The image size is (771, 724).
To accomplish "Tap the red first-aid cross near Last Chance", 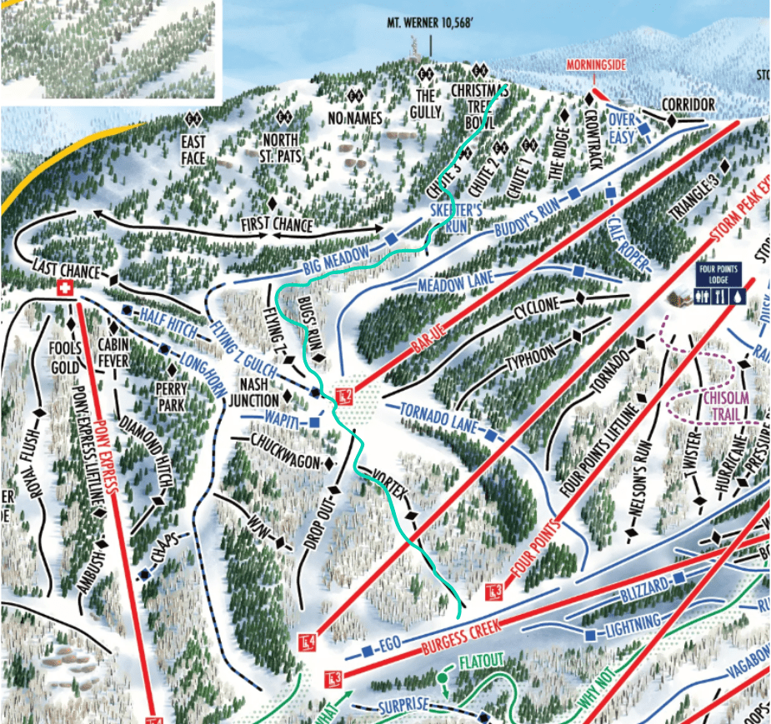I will point(63,287).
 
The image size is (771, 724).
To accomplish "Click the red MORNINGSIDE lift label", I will point(595,65).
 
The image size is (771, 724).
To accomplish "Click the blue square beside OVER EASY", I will point(644,130).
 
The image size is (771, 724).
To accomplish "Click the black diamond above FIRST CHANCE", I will point(272,204).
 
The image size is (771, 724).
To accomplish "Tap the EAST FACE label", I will point(193,147).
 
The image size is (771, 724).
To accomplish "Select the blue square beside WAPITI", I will point(313,423).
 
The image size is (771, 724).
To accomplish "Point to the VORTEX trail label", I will point(392,489).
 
